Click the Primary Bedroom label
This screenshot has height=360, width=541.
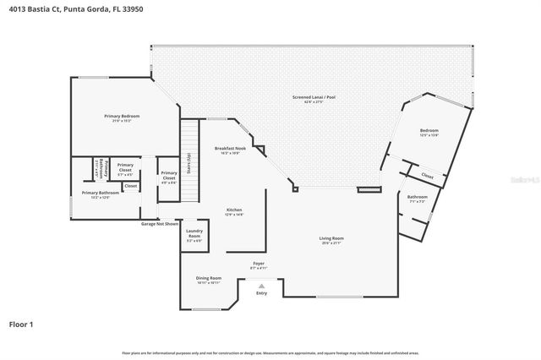click(122, 117)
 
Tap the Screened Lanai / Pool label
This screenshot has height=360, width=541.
click(314, 99)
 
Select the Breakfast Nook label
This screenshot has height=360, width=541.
click(229, 150)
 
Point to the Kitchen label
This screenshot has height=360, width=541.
click(234, 211)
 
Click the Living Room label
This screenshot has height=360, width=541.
click(331, 240)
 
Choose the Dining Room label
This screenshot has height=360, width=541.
click(209, 280)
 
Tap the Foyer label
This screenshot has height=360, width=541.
click(258, 265)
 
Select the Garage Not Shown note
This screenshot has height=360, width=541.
click(160, 224)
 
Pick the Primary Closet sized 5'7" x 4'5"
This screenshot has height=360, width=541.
click(125, 167)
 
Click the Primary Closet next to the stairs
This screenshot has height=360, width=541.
click(168, 176)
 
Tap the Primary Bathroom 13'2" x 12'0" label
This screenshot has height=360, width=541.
click(101, 194)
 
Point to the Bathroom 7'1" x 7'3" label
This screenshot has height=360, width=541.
click(418, 199)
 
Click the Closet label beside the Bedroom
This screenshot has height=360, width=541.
click(428, 177)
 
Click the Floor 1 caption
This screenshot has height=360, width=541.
click(22, 324)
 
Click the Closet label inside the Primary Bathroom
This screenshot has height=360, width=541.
click(130, 186)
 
